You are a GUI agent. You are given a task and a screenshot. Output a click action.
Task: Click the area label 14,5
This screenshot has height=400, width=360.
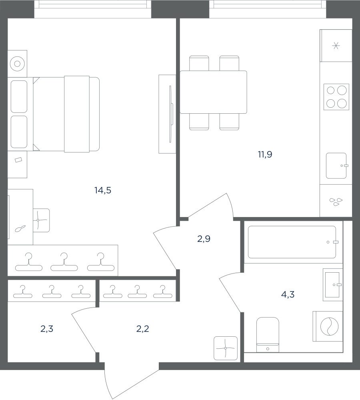coord(103,190)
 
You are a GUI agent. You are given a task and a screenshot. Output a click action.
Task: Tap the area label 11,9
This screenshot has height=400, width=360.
coord(265,154)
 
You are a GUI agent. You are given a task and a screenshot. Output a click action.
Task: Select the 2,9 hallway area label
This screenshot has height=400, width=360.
coord(204,239)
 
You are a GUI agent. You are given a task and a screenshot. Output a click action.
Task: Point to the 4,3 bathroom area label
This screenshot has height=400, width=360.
coord(288,295)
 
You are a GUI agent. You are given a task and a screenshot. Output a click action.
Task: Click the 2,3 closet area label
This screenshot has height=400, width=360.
coord(47,329)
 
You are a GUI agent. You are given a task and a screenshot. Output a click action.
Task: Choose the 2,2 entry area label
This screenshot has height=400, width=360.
coord(143,329)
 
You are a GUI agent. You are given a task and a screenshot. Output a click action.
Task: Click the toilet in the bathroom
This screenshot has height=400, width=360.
coord(268,335)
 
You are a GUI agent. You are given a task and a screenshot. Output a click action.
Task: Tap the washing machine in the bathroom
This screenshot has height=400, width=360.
coord(328,326)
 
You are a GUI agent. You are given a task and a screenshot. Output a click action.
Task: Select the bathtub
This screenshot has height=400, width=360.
coord(292,242)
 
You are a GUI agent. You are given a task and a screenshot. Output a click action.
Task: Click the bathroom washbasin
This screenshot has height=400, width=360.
coord(332,285)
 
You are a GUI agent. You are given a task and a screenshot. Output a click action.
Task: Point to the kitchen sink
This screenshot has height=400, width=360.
coord(336,165)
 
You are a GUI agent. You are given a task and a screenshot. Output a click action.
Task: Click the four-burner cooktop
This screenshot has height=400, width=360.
coord(336,97)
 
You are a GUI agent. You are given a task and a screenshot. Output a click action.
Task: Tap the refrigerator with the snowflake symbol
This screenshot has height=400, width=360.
coord(336,46)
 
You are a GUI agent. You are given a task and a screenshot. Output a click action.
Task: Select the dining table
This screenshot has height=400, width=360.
coord(214,92)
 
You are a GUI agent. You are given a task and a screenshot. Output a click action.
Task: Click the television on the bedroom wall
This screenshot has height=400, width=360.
coord(170,114)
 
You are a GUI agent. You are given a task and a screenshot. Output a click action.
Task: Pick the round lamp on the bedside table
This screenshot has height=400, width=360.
coord(17,64)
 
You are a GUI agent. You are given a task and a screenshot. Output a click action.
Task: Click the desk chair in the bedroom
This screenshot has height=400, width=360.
coord(41,220)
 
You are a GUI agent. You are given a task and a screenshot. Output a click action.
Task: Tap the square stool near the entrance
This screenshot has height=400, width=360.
coord(226,348)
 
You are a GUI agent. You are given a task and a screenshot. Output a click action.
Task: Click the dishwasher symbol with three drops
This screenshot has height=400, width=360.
coord(336,201)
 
